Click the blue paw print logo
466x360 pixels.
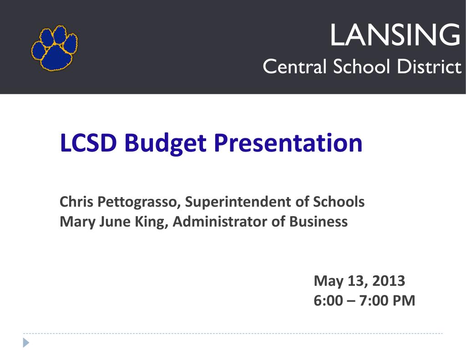pos(54,48)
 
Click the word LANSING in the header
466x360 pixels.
pos(395,35)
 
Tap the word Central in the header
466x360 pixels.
pos(295,67)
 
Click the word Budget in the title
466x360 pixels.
pos(166,144)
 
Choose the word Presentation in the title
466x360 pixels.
pos(288,144)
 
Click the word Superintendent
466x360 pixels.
pos(242,202)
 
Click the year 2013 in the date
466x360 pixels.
pos(388,281)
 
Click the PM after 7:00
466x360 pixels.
pos(404,301)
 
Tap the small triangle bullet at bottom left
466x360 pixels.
pos(26,343)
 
